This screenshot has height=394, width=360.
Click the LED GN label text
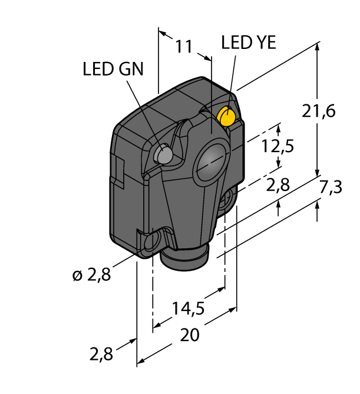click(113, 69)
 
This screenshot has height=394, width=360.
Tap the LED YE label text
click(248, 42)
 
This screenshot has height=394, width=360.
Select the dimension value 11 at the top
click(184, 47)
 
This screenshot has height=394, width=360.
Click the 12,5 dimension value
click(278, 146)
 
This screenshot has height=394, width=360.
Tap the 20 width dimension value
click(189, 335)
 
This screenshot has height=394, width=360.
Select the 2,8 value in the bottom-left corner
click(102, 354)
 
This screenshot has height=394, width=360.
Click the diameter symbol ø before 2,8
click(77, 275)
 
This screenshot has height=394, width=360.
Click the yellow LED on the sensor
click(226, 117)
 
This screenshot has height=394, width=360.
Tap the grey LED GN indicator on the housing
click(163, 155)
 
